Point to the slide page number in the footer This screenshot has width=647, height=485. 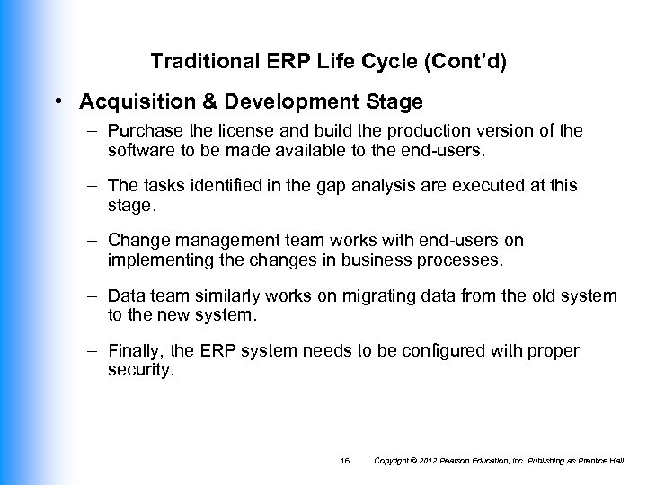click(345, 461)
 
